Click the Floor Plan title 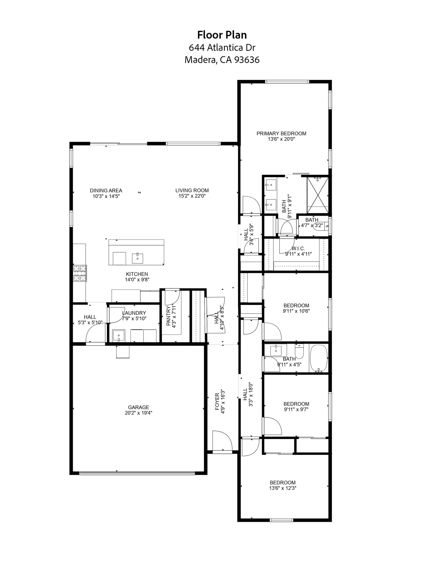pos(222,35)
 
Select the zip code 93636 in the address pos(247,60)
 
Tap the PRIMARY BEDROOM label pos(281,133)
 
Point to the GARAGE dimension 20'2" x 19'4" pos(138,413)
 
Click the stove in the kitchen pos(79,273)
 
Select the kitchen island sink pos(137,257)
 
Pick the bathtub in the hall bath pos(319,359)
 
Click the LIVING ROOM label pos(192,190)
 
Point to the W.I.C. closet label pos(298,249)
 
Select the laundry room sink pos(119,335)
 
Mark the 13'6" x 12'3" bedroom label pos(283,488)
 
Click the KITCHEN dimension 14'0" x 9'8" pos(137,280)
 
